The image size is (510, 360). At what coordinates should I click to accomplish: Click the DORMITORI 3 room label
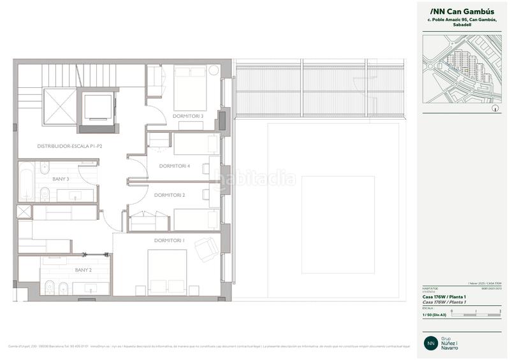[187, 116]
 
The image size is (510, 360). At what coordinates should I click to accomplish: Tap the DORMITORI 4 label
[175, 166]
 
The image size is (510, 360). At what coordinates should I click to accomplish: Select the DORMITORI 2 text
[170, 195]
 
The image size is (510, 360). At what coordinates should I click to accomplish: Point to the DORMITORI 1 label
[170, 240]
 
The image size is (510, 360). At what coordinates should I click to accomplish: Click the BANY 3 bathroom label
[61, 179]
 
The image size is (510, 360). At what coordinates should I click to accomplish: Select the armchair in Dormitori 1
[206, 248]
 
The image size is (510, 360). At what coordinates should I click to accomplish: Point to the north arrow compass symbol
[495, 108]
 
